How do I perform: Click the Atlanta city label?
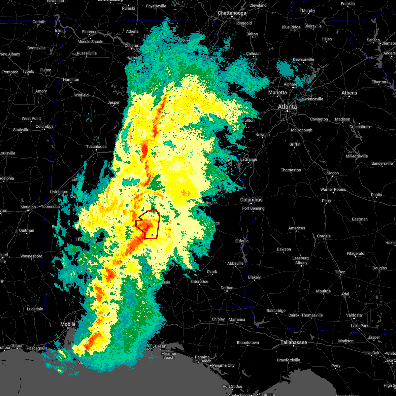287,107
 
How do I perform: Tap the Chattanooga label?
232,13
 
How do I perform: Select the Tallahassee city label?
294,342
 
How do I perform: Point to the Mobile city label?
68,324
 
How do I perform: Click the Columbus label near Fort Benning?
251,200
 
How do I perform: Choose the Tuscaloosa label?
96,147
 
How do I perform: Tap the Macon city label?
332,173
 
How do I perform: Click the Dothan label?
227,288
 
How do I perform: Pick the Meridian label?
28,207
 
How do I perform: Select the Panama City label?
223,365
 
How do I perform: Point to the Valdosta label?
353,315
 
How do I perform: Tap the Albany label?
301,263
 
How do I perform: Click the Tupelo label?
28,71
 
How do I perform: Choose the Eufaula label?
242,241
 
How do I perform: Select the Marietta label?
277,92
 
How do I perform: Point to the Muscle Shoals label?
90,42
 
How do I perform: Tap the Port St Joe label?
233,386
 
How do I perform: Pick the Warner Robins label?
333,189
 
